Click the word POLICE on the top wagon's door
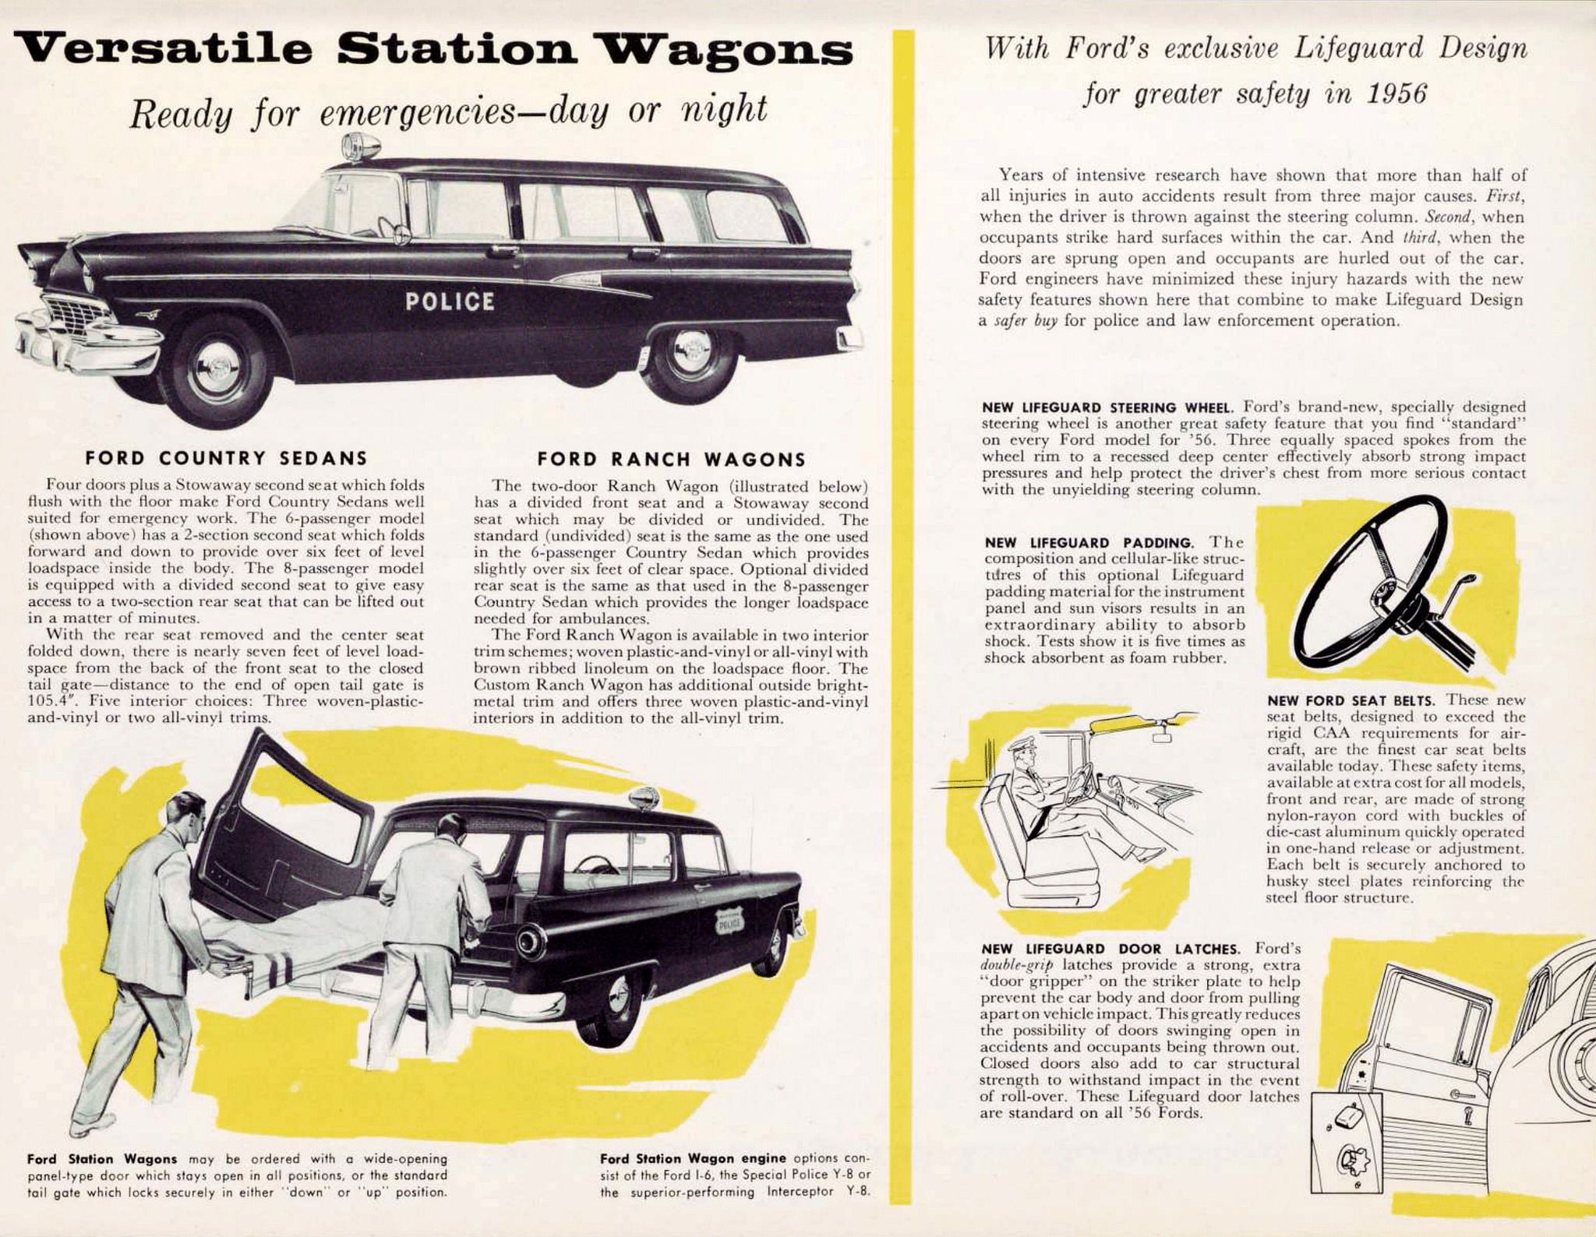450,301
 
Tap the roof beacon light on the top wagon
350,146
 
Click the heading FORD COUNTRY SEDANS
226,458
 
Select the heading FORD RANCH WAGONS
671,460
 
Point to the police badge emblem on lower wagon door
729,922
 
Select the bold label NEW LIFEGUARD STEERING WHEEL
1107,407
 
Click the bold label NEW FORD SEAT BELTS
1351,700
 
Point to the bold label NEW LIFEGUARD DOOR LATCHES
1110,949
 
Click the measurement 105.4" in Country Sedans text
48,701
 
